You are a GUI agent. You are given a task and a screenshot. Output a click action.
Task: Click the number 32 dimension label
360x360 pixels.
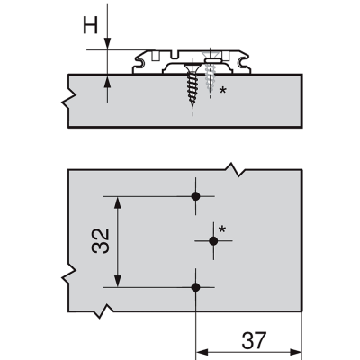[101, 241]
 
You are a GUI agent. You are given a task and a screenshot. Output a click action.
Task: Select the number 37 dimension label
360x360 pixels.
[254, 340]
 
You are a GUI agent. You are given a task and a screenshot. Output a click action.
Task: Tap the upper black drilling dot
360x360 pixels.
[195, 196]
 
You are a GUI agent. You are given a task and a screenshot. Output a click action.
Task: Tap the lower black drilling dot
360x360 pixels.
[195, 287]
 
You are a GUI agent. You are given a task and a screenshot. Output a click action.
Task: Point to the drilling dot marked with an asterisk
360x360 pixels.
[213, 240]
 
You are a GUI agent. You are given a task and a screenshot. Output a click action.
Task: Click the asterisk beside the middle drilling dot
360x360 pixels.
[222, 229]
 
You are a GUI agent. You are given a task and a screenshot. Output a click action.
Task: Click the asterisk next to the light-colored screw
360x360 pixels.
[222, 90]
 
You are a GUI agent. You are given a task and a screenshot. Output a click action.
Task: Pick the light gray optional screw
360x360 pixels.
[210, 75]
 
